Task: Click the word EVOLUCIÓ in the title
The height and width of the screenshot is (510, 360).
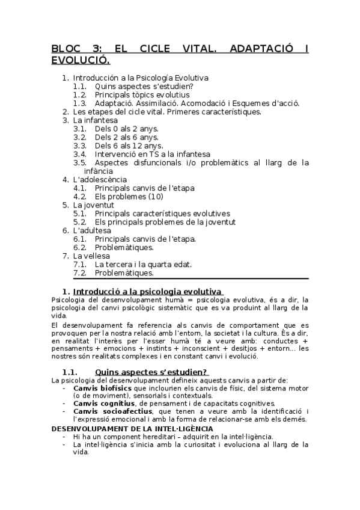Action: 81,60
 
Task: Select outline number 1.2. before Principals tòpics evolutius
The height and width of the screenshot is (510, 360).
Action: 80,95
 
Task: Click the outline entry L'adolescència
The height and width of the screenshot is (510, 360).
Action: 100,179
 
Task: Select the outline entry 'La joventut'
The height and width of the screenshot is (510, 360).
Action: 93,205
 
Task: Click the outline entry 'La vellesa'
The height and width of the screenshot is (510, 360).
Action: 93,256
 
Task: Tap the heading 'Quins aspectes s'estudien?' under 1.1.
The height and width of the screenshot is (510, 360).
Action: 151,372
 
